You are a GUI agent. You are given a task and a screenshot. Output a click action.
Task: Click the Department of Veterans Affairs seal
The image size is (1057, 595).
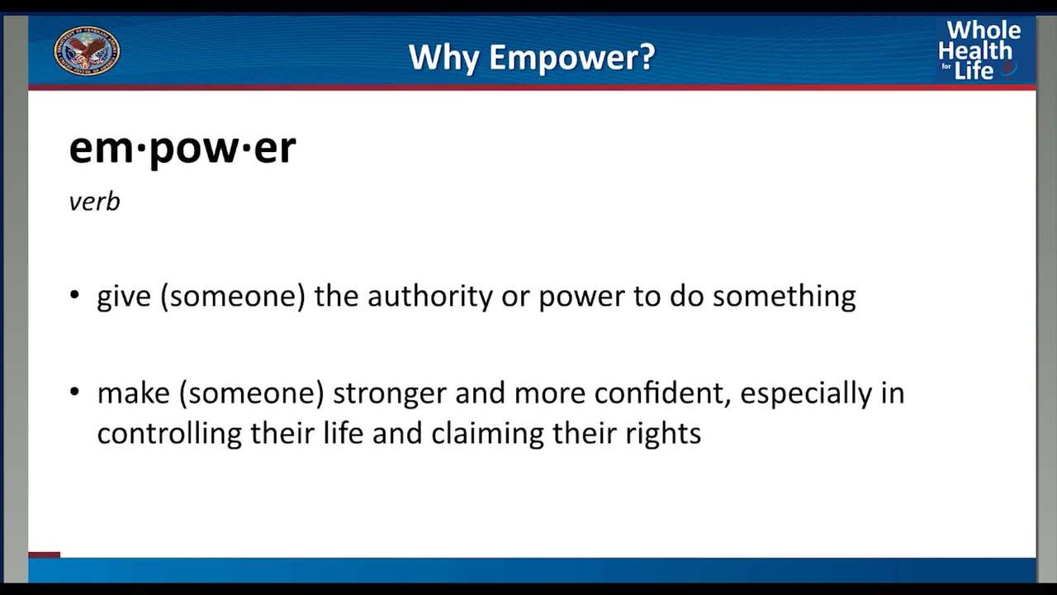tap(87, 50)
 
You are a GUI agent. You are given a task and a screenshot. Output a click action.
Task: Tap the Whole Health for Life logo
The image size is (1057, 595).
tap(979, 50)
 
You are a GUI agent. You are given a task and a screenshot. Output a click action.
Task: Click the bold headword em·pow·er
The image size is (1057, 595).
tap(182, 148)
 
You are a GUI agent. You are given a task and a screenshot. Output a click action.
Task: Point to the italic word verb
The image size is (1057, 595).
tap(94, 202)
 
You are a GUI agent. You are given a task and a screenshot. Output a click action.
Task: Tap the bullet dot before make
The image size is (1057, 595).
tap(74, 392)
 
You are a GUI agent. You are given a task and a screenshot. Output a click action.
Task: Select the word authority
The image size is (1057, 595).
tap(430, 297)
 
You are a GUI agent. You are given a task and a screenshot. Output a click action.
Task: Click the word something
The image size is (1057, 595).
tap(784, 297)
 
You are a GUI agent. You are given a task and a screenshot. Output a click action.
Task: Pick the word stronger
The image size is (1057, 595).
tap(389, 394)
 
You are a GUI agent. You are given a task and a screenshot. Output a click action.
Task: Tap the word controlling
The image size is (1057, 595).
tap(169, 434)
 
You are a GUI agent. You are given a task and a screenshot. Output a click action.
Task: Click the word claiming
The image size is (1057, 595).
tap(487, 434)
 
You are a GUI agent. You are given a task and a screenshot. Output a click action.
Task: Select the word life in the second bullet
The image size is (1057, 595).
tap(343, 432)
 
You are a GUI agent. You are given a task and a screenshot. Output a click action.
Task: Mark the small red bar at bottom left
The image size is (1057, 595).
tap(45, 555)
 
